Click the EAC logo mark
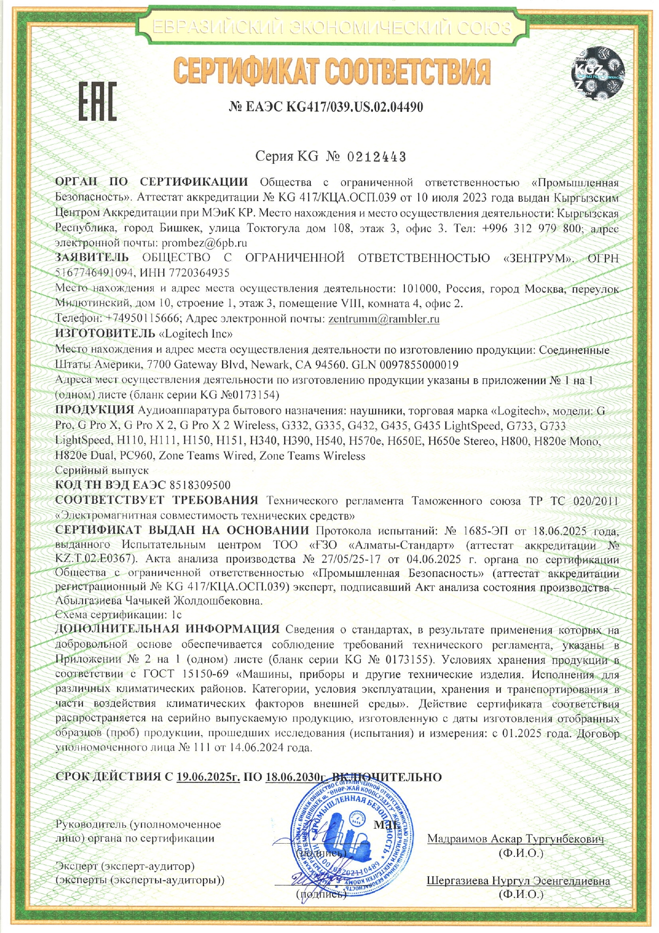point(97,102)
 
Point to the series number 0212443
point(377,157)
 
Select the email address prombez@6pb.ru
point(205,243)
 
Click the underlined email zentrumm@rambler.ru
point(384,319)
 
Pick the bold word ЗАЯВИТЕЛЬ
point(92,258)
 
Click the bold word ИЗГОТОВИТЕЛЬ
point(105,334)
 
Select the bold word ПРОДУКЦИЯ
point(95,410)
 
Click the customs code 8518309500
point(200,485)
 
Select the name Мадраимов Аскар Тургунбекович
point(516,839)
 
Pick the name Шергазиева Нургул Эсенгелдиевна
point(518,881)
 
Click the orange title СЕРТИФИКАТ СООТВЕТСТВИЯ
point(332,72)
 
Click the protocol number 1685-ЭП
point(485,531)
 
